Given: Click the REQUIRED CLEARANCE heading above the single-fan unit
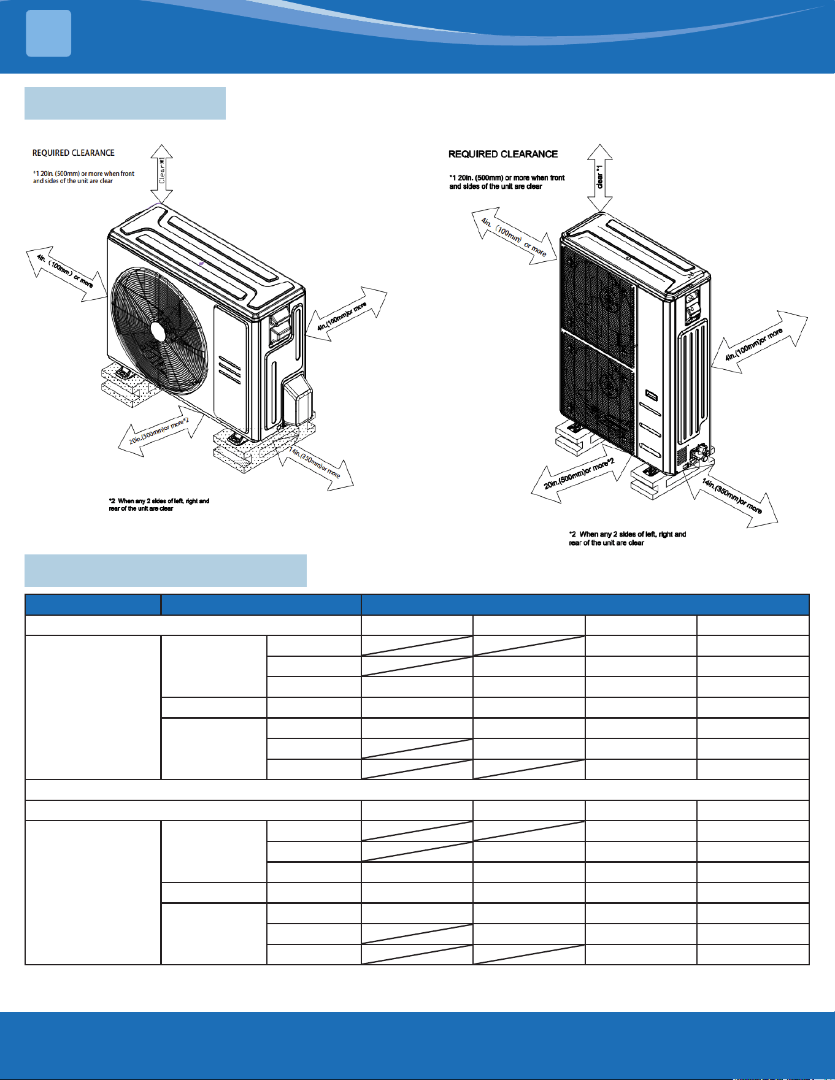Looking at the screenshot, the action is click(x=74, y=153).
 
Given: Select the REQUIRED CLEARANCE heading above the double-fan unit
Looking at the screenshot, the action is click(x=503, y=154).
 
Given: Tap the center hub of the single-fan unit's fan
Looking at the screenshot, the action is click(x=158, y=332).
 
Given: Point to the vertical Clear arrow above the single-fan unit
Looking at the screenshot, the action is click(x=161, y=174).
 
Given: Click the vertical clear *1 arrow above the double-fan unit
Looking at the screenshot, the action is click(x=600, y=178).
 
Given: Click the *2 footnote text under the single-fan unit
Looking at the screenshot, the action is click(x=159, y=505).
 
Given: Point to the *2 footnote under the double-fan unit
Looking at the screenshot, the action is click(x=627, y=538).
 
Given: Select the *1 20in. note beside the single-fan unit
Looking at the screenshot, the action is click(x=83, y=177).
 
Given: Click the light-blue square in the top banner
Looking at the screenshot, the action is click(x=48, y=33).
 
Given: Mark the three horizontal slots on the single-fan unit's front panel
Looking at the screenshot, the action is click(x=229, y=370).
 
